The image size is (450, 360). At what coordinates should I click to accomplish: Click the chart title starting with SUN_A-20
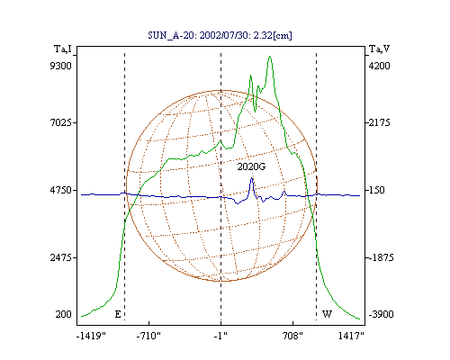(220, 35)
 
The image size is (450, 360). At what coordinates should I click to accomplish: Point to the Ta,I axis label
(63, 49)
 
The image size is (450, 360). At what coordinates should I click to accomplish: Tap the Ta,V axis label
(380, 49)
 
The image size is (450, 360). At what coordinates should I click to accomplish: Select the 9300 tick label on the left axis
(61, 66)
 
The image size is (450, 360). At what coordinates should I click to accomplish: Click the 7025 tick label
(61, 122)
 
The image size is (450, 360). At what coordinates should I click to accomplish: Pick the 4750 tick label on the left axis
(61, 190)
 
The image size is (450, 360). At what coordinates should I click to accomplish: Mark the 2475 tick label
(61, 257)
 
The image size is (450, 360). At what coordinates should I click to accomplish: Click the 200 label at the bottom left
(64, 314)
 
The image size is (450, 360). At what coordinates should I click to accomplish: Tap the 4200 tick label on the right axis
(379, 66)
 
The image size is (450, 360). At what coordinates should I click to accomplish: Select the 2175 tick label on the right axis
(379, 122)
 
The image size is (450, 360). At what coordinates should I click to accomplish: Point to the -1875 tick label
(381, 257)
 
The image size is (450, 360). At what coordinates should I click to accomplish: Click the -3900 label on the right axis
(381, 314)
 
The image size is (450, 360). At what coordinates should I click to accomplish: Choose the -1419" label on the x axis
(92, 336)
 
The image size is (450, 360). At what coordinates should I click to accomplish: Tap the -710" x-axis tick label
(148, 336)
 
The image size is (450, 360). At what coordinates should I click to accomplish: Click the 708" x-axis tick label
(292, 336)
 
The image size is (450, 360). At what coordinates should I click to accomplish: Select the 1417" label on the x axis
(351, 336)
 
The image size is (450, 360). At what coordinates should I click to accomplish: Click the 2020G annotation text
(251, 166)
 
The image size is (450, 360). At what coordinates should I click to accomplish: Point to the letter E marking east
(118, 314)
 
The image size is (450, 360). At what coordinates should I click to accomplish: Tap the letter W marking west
(327, 314)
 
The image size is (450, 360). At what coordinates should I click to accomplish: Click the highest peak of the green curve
(270, 57)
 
